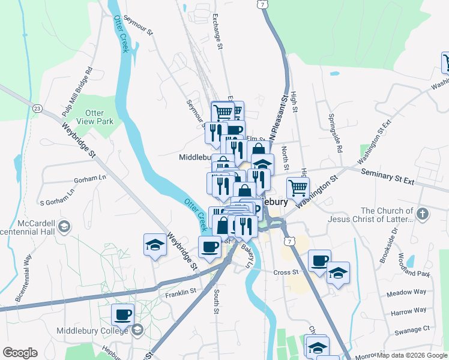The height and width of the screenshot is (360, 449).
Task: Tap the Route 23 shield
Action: pyautogui.click(x=37, y=109)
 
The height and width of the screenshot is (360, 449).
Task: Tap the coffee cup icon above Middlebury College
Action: pyautogui.click(x=123, y=314)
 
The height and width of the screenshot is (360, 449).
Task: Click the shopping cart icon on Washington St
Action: pyautogui.click(x=298, y=188)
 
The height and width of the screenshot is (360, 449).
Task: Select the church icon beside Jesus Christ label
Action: pyautogui.click(x=423, y=213)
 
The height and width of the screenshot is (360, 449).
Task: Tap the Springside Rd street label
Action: pyautogui.click(x=335, y=133)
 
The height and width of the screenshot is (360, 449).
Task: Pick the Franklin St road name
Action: pyautogui.click(x=181, y=292)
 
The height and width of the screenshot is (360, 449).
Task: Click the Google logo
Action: pyautogui.click(x=20, y=353)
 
